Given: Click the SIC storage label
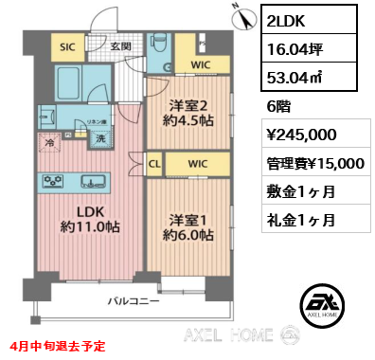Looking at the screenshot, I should [x=68, y=45].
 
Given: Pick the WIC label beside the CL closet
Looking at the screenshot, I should [x=197, y=164].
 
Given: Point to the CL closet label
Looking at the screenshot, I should [x=155, y=164].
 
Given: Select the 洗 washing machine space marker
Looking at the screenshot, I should [x=98, y=138].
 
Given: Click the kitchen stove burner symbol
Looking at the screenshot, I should [x=54, y=182].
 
